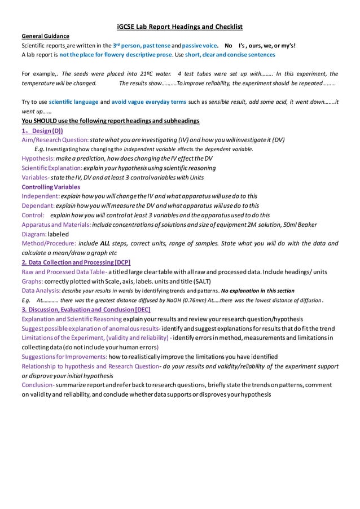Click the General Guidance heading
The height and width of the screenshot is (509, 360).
coord(45,36)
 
